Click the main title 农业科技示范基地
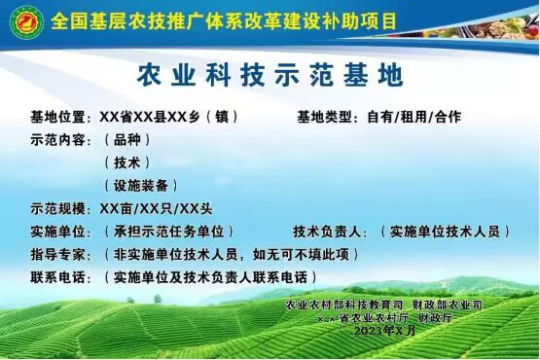point(270,74)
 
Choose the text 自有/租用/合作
point(414,117)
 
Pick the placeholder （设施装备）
point(140,185)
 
